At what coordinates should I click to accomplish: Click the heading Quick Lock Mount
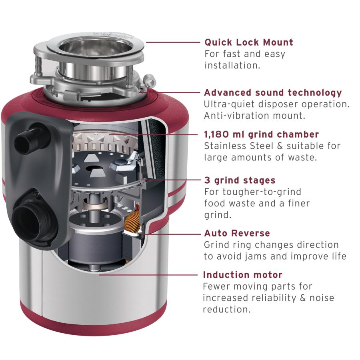(249, 42)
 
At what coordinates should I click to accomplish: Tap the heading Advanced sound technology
(273, 92)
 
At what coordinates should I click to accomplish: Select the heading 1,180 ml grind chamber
(261, 134)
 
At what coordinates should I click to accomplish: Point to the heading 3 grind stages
(240, 180)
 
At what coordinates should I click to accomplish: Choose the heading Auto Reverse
(237, 233)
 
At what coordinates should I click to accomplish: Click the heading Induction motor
(243, 275)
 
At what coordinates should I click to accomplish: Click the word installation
(232, 66)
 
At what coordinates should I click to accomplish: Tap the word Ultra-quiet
(229, 104)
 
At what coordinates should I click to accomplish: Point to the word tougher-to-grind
(262, 192)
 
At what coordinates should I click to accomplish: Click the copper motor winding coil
(133, 218)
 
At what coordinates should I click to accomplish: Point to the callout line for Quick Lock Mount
(173, 42)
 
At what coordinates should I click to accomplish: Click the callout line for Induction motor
(148, 274)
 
